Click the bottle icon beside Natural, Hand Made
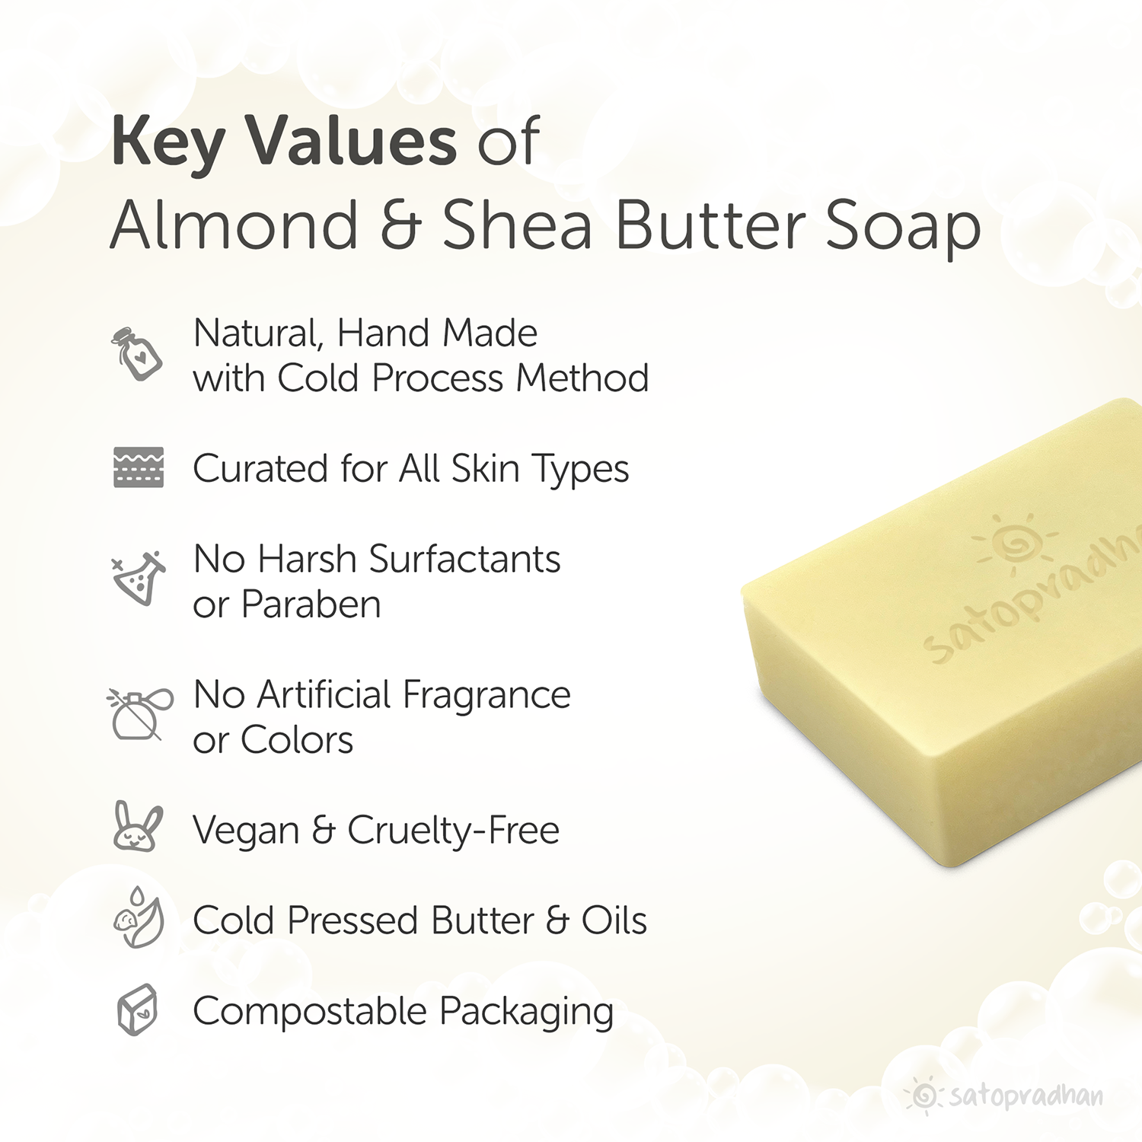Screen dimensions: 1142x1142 137,354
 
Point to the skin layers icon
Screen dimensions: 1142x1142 139,467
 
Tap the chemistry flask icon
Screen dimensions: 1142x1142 139,578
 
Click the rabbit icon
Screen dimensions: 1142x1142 137,827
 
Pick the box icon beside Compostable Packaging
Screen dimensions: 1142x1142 137,1010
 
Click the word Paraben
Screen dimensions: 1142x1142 311,605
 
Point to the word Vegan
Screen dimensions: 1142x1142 245,830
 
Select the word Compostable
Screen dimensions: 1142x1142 309,1013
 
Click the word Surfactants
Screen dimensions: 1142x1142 464,560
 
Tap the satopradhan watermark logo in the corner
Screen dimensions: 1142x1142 1005,1096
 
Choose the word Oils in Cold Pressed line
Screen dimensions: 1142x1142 614,920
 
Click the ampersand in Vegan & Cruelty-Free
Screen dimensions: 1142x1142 324,830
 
